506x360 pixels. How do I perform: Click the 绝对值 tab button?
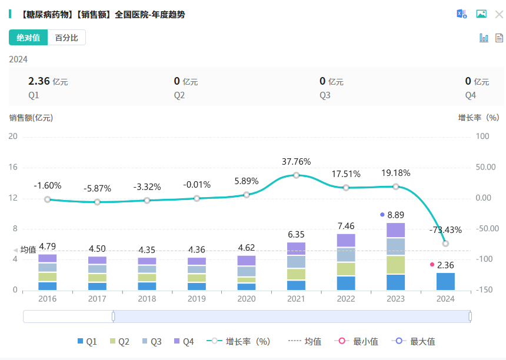coord(28,38)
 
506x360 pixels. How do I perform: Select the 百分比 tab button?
coord(66,38)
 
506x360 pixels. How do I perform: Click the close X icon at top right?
coord(499,14)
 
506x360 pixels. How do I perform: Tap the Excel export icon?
coord(462,14)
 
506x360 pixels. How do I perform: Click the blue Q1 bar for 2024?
coord(445,281)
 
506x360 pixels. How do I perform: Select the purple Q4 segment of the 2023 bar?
coord(395,230)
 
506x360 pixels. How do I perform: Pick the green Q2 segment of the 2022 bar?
coord(346,269)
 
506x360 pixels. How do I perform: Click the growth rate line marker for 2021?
coord(296,175)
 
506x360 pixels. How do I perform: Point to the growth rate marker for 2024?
coord(445,244)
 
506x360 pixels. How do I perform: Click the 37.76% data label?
coord(296,162)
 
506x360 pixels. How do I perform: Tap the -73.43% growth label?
coord(445,229)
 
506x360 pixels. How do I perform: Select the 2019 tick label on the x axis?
coord(197,299)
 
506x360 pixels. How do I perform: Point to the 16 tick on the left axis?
coord(13,167)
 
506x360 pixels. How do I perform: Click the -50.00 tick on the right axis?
coord(486,229)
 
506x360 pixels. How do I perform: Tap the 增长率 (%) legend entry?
coord(241,341)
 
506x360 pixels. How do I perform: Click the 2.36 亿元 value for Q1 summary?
coord(48,81)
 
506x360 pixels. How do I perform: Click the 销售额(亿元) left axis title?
coord(31,118)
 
